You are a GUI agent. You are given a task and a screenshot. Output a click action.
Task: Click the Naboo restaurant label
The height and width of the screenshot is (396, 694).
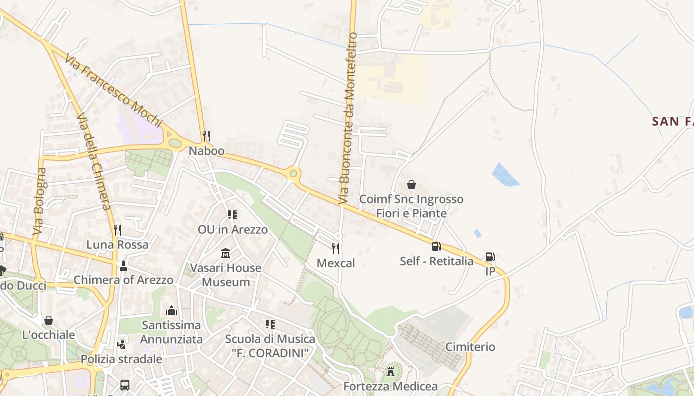point(206,150)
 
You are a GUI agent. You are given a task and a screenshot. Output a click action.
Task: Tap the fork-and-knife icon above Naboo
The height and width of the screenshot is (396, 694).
point(206,136)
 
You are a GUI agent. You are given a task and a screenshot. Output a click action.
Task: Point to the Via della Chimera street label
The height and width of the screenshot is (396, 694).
point(93,161)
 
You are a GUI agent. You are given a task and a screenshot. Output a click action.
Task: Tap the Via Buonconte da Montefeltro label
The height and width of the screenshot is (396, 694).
point(347,119)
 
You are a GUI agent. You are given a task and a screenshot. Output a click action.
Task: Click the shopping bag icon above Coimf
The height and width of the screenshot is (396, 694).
point(411,185)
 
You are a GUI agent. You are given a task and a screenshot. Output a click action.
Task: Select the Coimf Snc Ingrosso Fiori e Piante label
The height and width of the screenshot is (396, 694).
point(411,206)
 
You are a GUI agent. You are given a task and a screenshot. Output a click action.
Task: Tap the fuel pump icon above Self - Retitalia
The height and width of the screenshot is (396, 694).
point(436,247)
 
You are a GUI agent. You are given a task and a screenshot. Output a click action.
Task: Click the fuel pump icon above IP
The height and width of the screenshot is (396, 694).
point(490,257)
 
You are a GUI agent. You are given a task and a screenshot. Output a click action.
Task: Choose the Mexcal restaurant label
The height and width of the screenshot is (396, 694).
point(336,263)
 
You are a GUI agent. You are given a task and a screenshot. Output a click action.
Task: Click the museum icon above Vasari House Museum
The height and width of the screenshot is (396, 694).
point(226,253)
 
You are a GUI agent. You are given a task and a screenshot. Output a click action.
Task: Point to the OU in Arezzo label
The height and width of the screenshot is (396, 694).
point(232,230)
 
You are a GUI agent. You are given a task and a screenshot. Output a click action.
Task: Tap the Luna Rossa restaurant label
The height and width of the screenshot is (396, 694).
point(117,245)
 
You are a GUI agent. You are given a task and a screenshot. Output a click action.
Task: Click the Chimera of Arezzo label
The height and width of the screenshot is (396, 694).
point(123,280)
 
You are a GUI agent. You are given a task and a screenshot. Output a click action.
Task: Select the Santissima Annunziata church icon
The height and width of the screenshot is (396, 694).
point(172,310)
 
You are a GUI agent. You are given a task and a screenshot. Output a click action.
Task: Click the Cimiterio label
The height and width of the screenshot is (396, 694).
point(470,346)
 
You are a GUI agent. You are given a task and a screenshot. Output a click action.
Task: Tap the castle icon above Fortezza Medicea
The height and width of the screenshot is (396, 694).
point(391,371)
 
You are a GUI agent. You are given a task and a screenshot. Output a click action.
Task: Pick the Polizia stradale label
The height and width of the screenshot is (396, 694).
point(121,359)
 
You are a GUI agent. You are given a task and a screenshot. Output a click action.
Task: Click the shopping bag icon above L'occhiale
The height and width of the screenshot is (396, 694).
point(48,320)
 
